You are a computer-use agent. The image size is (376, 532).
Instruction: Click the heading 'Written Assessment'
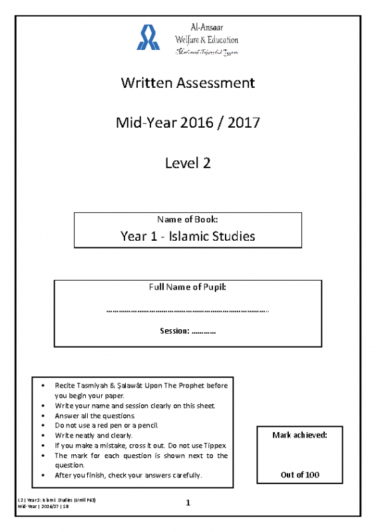click(188, 83)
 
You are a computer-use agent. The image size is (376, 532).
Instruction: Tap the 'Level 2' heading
click(188, 163)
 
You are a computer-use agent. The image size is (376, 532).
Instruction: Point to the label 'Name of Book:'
click(188, 219)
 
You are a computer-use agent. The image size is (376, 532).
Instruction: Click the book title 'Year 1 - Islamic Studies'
click(188, 235)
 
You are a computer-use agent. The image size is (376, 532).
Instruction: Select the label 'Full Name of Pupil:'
click(188, 287)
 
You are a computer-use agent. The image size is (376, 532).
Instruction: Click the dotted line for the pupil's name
click(188, 310)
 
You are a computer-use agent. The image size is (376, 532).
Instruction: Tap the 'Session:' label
click(175, 331)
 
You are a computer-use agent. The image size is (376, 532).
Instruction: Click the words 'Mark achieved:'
click(299, 435)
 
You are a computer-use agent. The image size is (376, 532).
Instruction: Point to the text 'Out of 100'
click(299, 475)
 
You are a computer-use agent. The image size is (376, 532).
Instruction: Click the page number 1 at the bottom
click(188, 505)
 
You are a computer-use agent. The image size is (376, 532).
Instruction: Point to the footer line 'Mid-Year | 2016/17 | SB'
click(46, 507)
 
